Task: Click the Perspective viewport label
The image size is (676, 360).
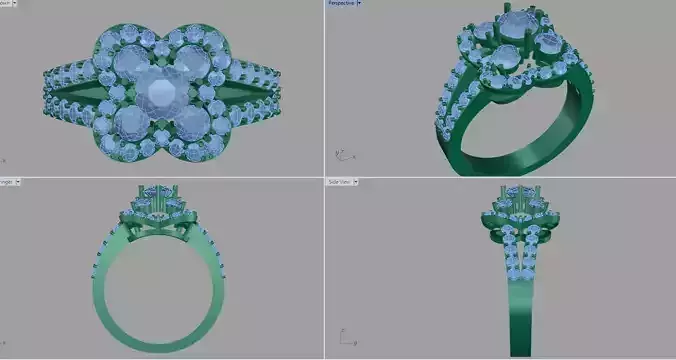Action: tap(340, 3)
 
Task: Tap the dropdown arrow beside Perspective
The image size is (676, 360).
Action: tap(359, 3)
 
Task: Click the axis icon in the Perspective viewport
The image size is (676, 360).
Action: tap(340, 155)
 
